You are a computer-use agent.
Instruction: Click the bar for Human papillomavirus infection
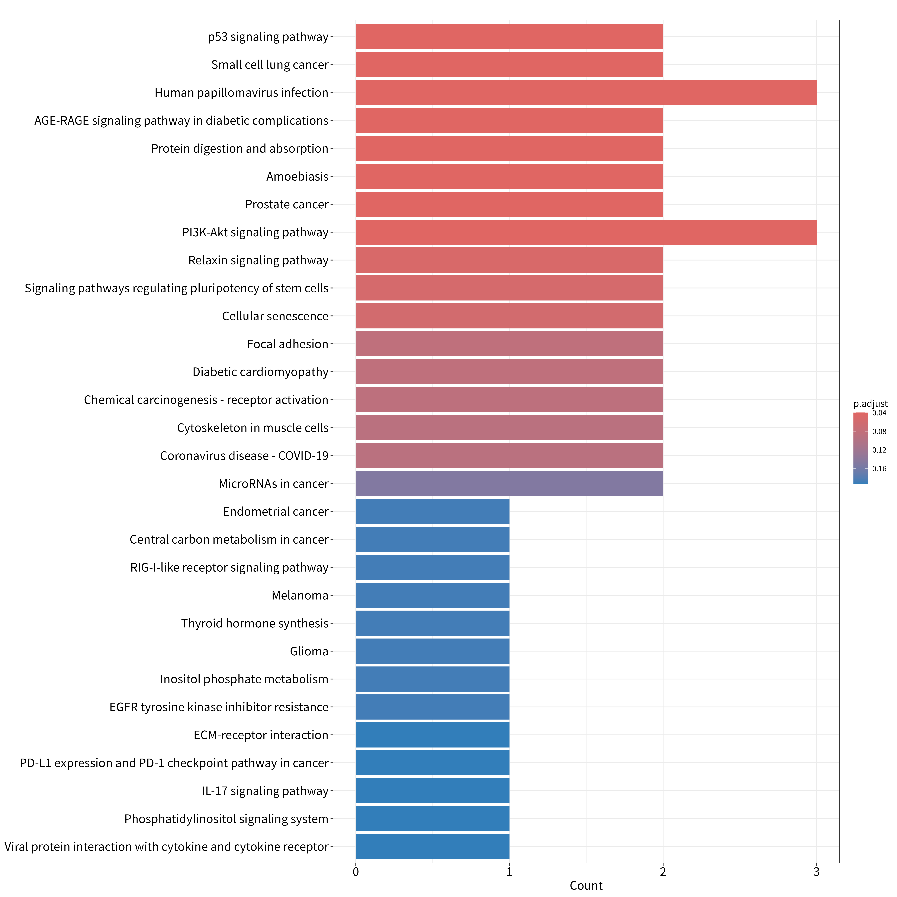click(x=586, y=92)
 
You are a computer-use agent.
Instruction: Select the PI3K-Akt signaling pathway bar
click(x=586, y=232)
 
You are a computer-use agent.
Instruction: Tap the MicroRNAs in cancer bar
click(x=509, y=483)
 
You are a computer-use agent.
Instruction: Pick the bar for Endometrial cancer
click(x=432, y=511)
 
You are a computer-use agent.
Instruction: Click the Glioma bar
click(x=432, y=651)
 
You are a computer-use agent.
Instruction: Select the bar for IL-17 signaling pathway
click(x=432, y=791)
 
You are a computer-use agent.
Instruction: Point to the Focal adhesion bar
click(x=509, y=344)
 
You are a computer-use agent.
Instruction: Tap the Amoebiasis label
click(x=298, y=176)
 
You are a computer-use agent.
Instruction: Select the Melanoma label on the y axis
click(x=300, y=595)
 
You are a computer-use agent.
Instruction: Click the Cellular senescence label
click(x=275, y=316)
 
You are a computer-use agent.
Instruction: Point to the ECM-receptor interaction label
click(x=261, y=735)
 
